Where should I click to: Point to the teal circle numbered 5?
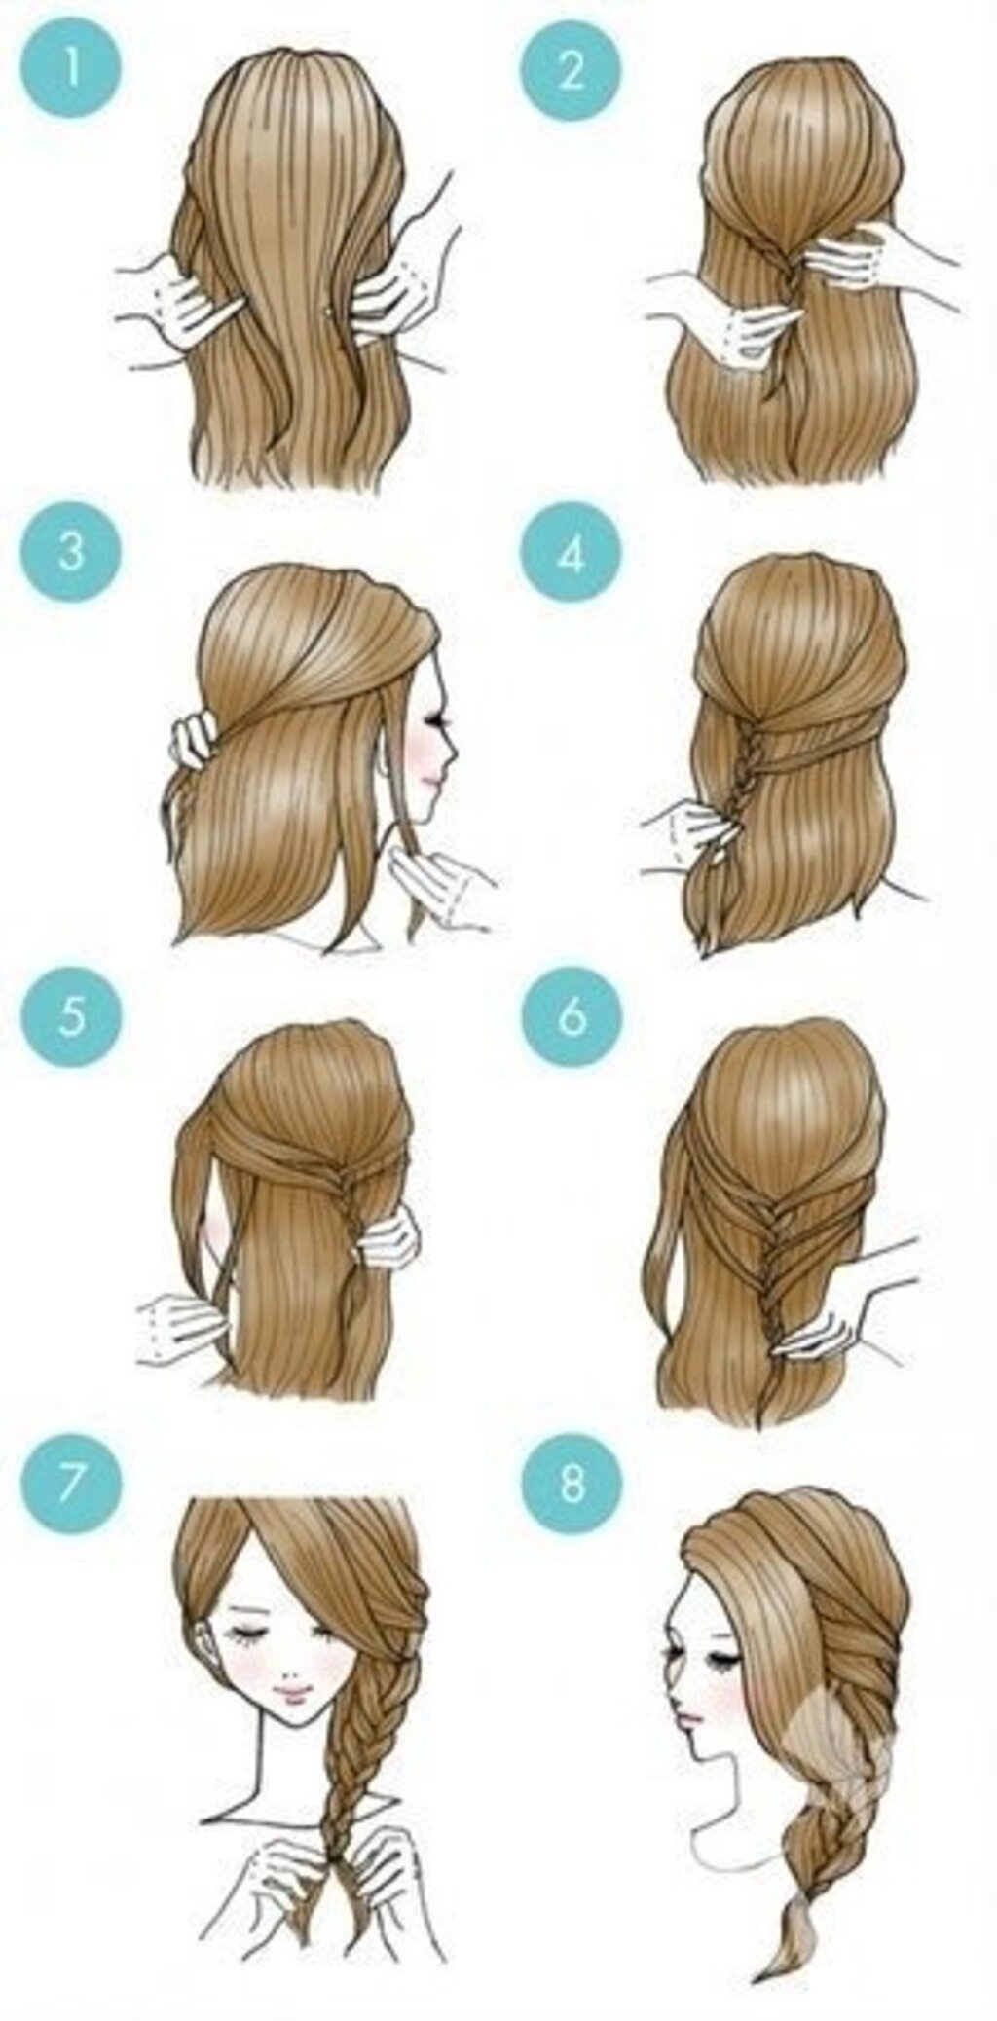71,1016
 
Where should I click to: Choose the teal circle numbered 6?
571,1016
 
